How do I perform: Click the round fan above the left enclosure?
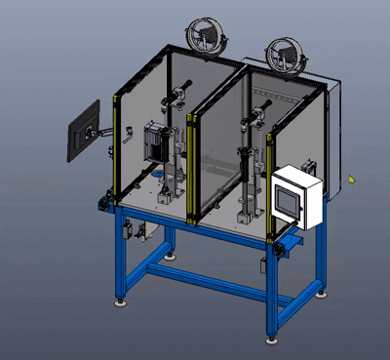(x=207, y=37)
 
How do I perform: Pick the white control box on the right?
(x=296, y=198)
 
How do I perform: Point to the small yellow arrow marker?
(x=351, y=179)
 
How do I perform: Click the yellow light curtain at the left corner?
(x=118, y=146)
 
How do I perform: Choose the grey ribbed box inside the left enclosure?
(x=156, y=143)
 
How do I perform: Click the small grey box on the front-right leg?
(x=263, y=267)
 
